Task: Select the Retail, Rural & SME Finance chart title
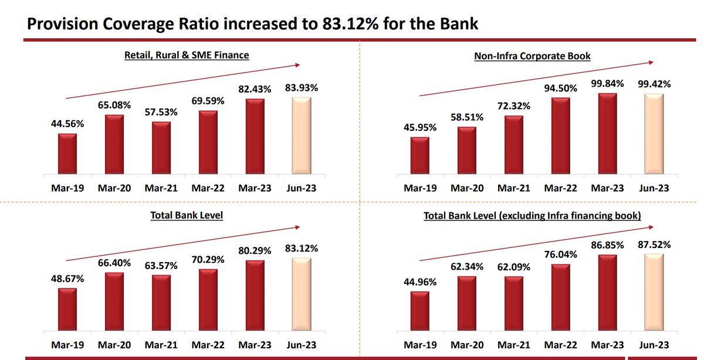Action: pos(187,55)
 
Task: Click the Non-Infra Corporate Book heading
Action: pos(532,56)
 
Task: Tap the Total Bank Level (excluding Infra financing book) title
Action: pos(532,216)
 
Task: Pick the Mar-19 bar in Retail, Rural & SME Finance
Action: pos(67,154)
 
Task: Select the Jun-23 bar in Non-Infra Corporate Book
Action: pos(654,134)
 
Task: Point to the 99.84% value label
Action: pos(607,83)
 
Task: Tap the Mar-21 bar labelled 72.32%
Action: pos(513,144)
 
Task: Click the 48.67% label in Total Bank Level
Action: pos(67,279)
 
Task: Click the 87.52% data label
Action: pos(654,244)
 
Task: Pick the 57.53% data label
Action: pos(161,111)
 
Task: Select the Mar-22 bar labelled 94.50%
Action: pos(560,135)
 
